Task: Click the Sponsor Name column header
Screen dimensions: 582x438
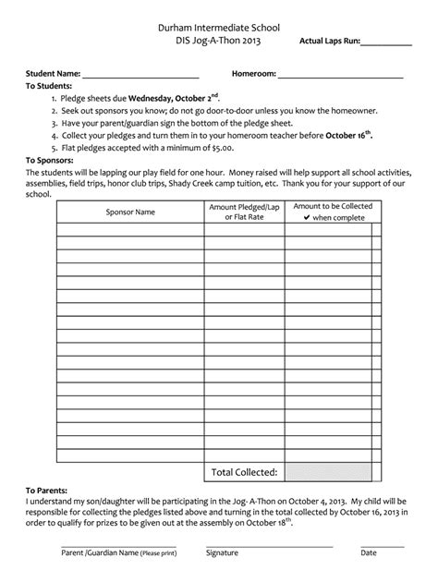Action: click(130, 212)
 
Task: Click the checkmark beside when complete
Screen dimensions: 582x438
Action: click(306, 218)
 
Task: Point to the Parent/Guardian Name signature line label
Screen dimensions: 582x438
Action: click(117, 552)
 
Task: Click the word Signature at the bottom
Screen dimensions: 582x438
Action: click(222, 552)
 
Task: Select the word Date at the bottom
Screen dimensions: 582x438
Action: click(369, 552)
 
